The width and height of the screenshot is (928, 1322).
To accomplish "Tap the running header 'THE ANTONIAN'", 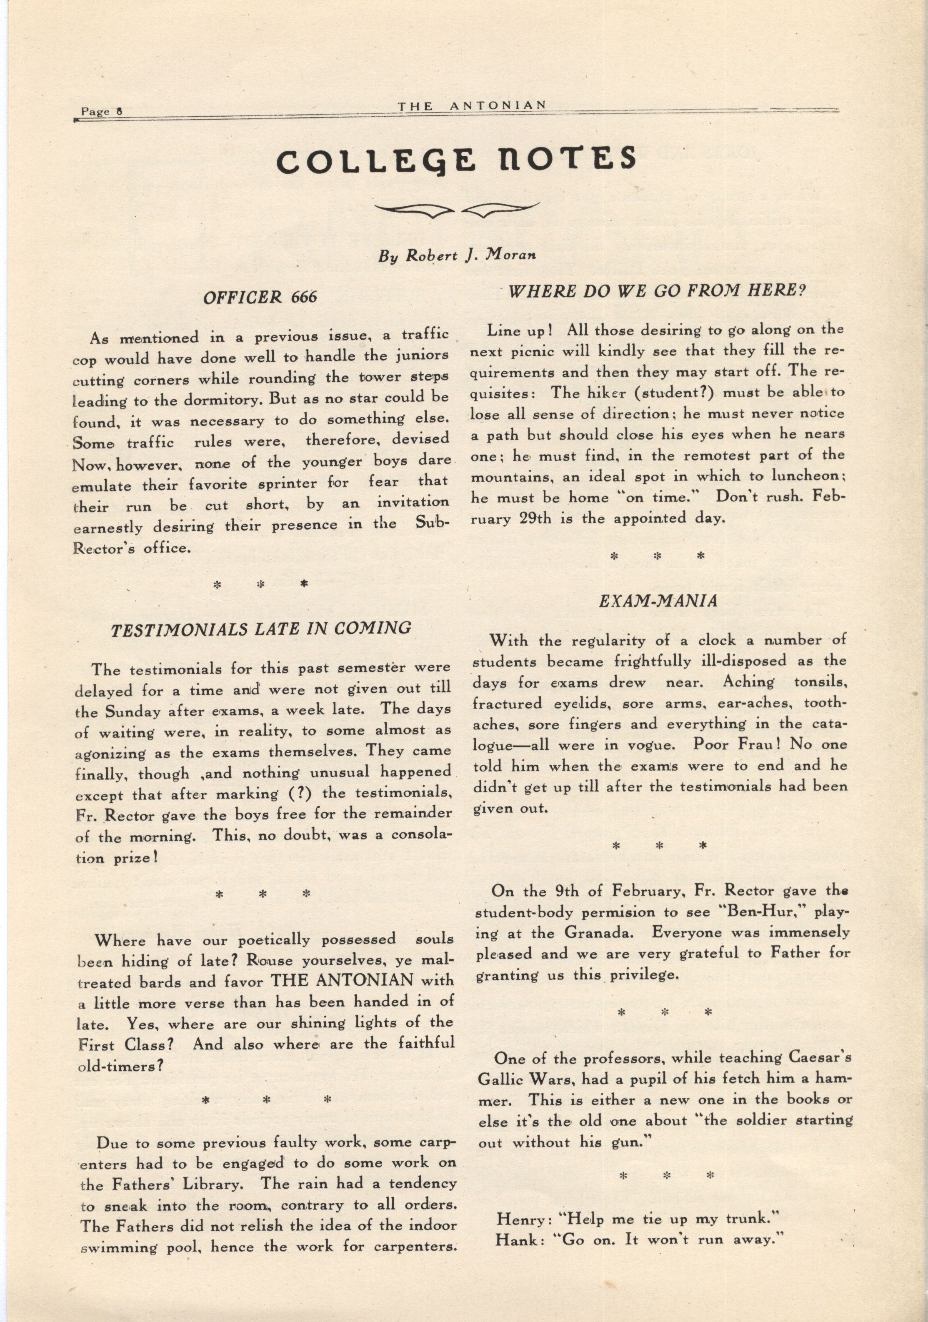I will (x=471, y=105).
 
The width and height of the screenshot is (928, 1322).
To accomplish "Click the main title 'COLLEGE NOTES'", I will (x=455, y=160).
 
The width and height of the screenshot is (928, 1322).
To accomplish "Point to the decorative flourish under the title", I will (x=457, y=212).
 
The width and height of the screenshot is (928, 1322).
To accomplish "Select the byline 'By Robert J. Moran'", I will (x=457, y=255).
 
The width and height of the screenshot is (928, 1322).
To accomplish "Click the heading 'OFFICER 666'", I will (x=260, y=297).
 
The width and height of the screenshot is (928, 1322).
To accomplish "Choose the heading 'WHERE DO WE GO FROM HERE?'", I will (x=656, y=291).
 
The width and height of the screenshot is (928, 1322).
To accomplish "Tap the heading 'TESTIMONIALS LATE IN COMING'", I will (x=261, y=628).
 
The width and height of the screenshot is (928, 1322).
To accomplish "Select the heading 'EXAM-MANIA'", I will (x=658, y=601).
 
